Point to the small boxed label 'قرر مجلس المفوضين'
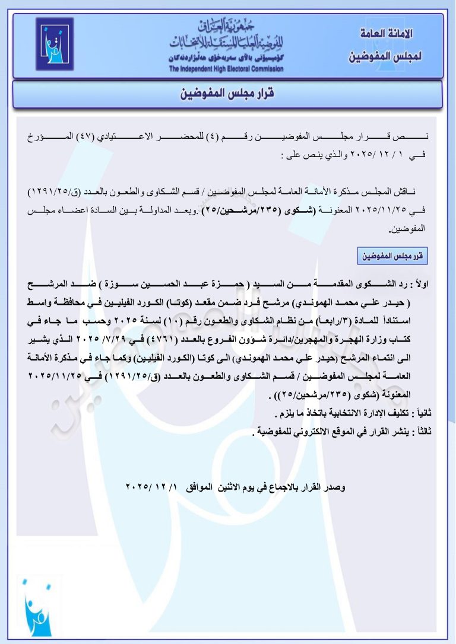point(392,256)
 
